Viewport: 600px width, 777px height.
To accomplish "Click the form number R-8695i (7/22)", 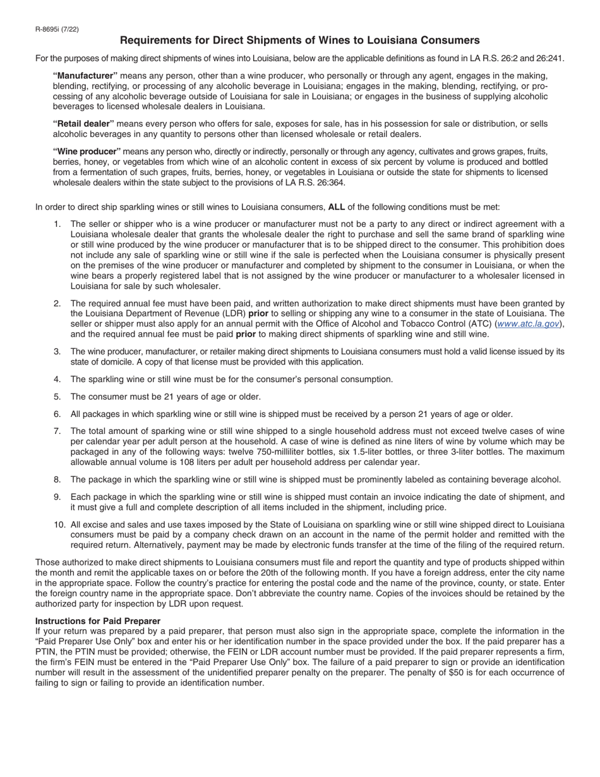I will click(x=57, y=29).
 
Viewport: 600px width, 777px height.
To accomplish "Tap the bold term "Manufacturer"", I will click(x=85, y=76).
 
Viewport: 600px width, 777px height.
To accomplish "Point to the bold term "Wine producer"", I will click(x=87, y=152).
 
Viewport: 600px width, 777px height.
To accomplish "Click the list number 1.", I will click(x=57, y=224).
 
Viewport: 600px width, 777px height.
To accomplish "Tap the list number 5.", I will click(x=57, y=397).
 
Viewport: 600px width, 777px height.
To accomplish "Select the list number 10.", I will click(x=59, y=524).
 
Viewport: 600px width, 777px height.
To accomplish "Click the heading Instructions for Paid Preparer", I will click(x=98, y=621).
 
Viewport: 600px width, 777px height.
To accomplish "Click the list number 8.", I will click(x=57, y=479).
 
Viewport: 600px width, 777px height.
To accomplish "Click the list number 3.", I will click(x=57, y=351).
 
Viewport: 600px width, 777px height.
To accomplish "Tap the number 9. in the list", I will click(x=57, y=497).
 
